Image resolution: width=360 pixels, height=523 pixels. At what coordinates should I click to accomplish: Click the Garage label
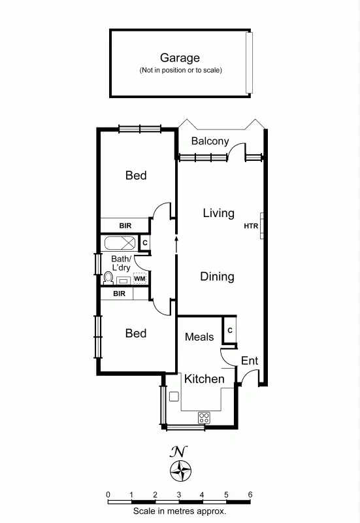pyautogui.click(x=180, y=58)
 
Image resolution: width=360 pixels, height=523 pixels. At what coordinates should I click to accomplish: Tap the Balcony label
pyautogui.click(x=210, y=141)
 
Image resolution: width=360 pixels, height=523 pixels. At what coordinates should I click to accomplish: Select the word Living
pyautogui.click(x=218, y=213)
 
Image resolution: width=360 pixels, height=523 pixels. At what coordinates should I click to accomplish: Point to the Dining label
pyautogui.click(x=217, y=277)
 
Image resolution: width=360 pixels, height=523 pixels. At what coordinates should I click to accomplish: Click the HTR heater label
pyautogui.click(x=251, y=227)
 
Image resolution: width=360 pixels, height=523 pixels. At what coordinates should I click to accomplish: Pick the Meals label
pyautogui.click(x=199, y=337)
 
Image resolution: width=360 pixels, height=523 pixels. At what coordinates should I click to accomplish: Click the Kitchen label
pyautogui.click(x=204, y=379)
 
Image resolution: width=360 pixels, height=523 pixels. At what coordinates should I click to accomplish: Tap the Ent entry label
pyautogui.click(x=250, y=361)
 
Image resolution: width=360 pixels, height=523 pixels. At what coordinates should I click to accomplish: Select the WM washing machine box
pyautogui.click(x=139, y=279)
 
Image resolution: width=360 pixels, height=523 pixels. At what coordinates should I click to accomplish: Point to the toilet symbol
pyautogui.click(x=108, y=279)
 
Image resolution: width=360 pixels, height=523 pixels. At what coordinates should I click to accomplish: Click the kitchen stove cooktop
pyautogui.click(x=204, y=416)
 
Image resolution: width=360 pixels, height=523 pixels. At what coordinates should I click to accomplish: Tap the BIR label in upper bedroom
pyautogui.click(x=125, y=226)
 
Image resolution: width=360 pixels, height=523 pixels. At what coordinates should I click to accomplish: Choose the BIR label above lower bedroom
pyautogui.click(x=119, y=294)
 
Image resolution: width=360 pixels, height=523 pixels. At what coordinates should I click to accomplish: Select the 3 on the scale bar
pyautogui.click(x=178, y=495)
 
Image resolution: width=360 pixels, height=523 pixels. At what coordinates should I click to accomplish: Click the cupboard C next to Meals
pyautogui.click(x=230, y=330)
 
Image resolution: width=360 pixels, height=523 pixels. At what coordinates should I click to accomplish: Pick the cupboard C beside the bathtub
pyautogui.click(x=145, y=243)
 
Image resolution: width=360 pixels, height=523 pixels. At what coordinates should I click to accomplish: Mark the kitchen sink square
pyautogui.click(x=174, y=397)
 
